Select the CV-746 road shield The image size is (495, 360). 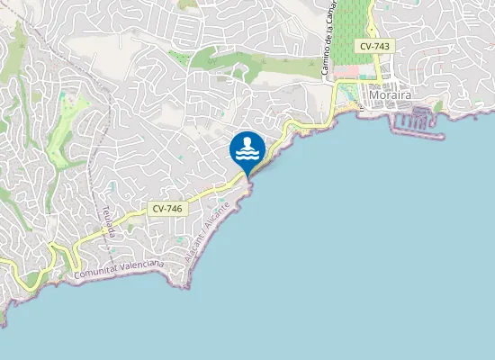click(167, 208)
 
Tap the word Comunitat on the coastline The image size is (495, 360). click(96, 270)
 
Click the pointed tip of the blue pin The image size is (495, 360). click(247, 176)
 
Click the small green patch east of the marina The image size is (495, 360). click(438, 107)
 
